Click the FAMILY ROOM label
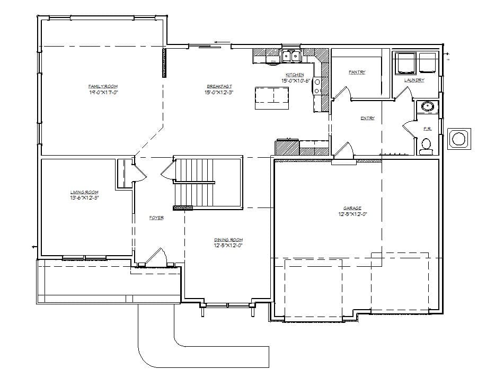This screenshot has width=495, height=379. coord(103,86)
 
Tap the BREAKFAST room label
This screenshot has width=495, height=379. coord(219,86)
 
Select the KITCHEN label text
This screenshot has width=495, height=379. coord(295,75)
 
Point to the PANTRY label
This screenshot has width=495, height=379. coord(357,72)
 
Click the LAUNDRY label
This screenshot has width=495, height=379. coord(414,80)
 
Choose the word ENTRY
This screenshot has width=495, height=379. coord(367,118)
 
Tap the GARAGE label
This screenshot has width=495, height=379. coord(352,208)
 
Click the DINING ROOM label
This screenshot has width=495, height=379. coord(228,240)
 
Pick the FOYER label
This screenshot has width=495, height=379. coord(156,218)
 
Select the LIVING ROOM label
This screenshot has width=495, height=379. coord(85,192)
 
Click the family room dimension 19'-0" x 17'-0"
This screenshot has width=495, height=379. coord(103,92)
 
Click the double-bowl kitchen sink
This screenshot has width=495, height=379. coord(290,56)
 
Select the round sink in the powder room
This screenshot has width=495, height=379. coord(427,107)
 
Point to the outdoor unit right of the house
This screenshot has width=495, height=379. coord(458,139)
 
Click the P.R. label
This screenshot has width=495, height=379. coord(427,129)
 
